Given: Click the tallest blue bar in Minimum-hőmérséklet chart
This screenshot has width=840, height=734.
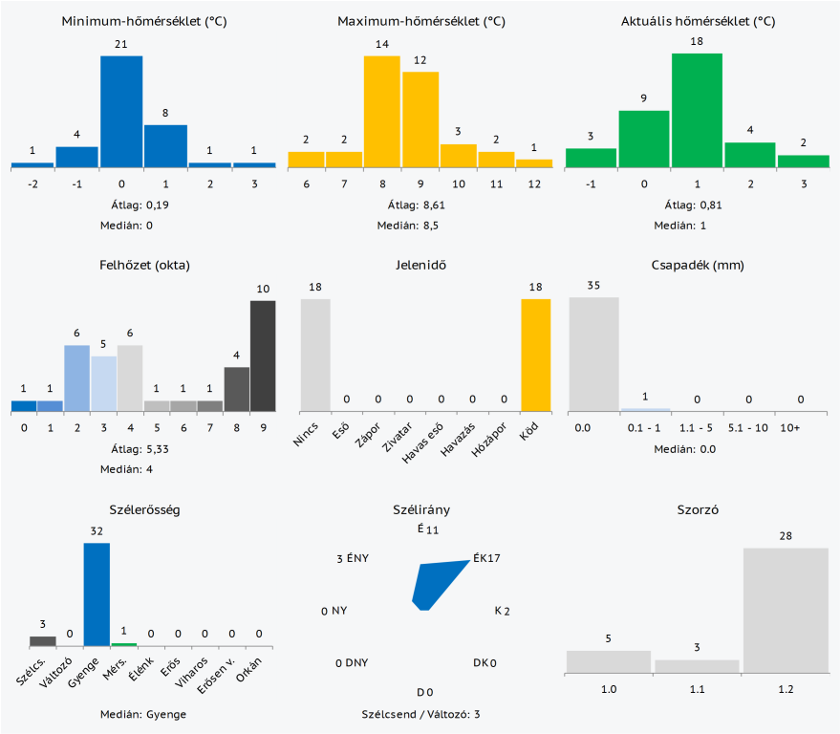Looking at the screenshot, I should pyautogui.click(x=121, y=112).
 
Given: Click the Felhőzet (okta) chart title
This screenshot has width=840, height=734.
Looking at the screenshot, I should pyautogui.click(x=143, y=265).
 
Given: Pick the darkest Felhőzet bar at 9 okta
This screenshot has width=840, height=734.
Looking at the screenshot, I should pyautogui.click(x=263, y=356).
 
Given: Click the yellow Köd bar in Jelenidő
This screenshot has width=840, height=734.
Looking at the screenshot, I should pyautogui.click(x=535, y=355).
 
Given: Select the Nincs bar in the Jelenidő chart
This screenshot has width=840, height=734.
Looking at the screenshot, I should pyautogui.click(x=315, y=355).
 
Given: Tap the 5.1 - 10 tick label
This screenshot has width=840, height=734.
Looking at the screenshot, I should pyautogui.click(x=748, y=427).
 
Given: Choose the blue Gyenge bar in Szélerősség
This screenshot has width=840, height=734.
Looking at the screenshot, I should pyautogui.click(x=97, y=594).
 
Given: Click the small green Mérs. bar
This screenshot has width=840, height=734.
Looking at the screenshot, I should pyautogui.click(x=123, y=644).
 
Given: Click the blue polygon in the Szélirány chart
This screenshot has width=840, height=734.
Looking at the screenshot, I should pyautogui.click(x=435, y=585).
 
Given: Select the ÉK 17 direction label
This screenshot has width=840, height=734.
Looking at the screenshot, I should pyautogui.click(x=486, y=559).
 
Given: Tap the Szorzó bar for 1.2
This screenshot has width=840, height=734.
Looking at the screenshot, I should pyautogui.click(x=786, y=610).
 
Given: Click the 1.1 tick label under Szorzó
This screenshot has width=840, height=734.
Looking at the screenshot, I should pyautogui.click(x=697, y=687).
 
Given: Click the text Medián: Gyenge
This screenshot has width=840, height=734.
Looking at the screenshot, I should pyautogui.click(x=143, y=714).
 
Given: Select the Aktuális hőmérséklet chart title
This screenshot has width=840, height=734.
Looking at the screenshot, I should pyautogui.click(x=697, y=20).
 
